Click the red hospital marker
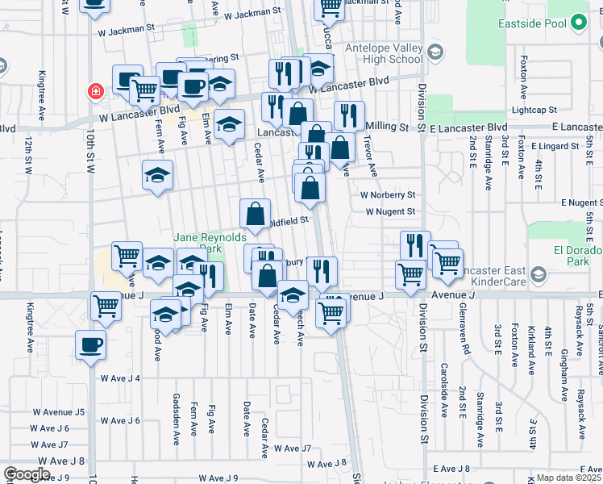point(96,91)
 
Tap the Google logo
point(27,474)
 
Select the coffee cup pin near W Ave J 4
point(89,344)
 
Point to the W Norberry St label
point(387,195)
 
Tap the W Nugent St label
point(389,211)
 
